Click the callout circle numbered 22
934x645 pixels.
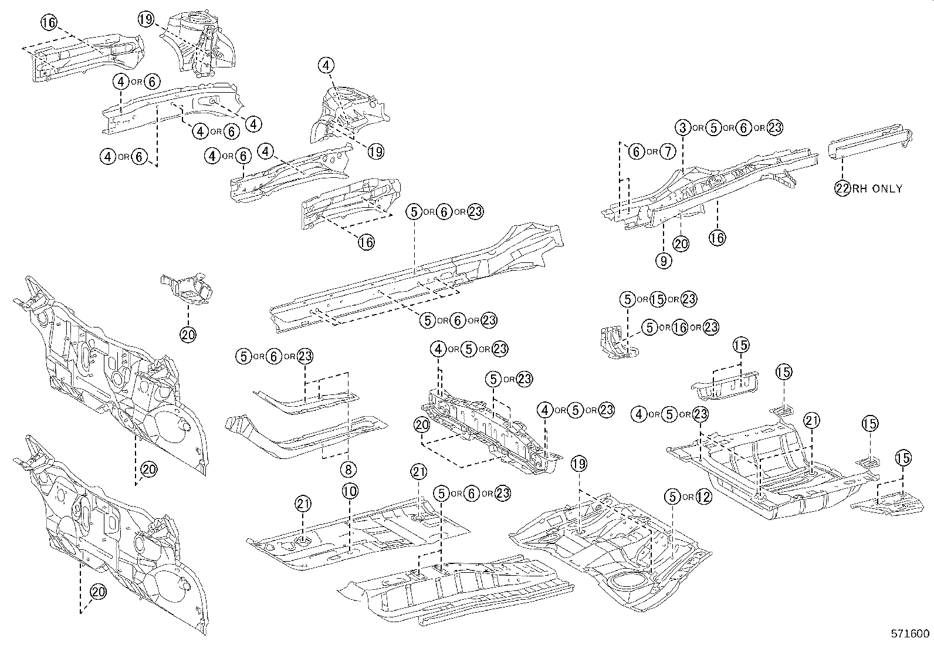pos(842,188)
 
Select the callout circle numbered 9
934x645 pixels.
pos(664,261)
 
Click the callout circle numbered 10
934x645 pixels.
pos(350,491)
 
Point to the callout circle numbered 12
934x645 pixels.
pos(703,497)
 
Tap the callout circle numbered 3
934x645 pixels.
pos(682,127)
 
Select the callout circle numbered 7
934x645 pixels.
pos(668,152)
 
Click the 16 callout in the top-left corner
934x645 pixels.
pos(50,23)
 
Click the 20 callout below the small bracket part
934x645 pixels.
pos(188,335)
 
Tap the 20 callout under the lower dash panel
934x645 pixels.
pos(99,593)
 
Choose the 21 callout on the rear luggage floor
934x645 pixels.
pos(812,420)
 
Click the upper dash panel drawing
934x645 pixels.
pos(111,376)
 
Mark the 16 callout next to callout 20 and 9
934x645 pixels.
pos(717,237)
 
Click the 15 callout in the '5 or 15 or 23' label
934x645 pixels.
pos(658,299)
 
